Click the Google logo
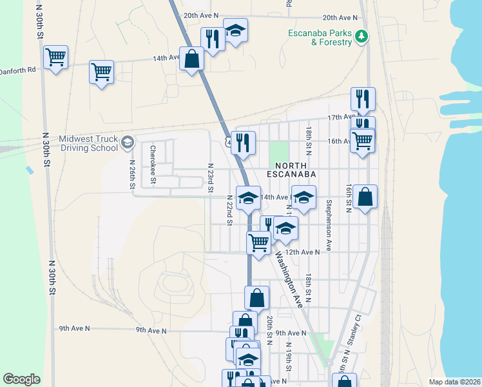[21, 379]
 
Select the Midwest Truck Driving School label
[88, 143]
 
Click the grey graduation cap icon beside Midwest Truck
[128, 142]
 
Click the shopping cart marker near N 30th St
[55, 57]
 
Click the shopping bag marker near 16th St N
[365, 197]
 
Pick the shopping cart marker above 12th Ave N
[258, 243]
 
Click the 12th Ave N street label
[302, 252]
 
